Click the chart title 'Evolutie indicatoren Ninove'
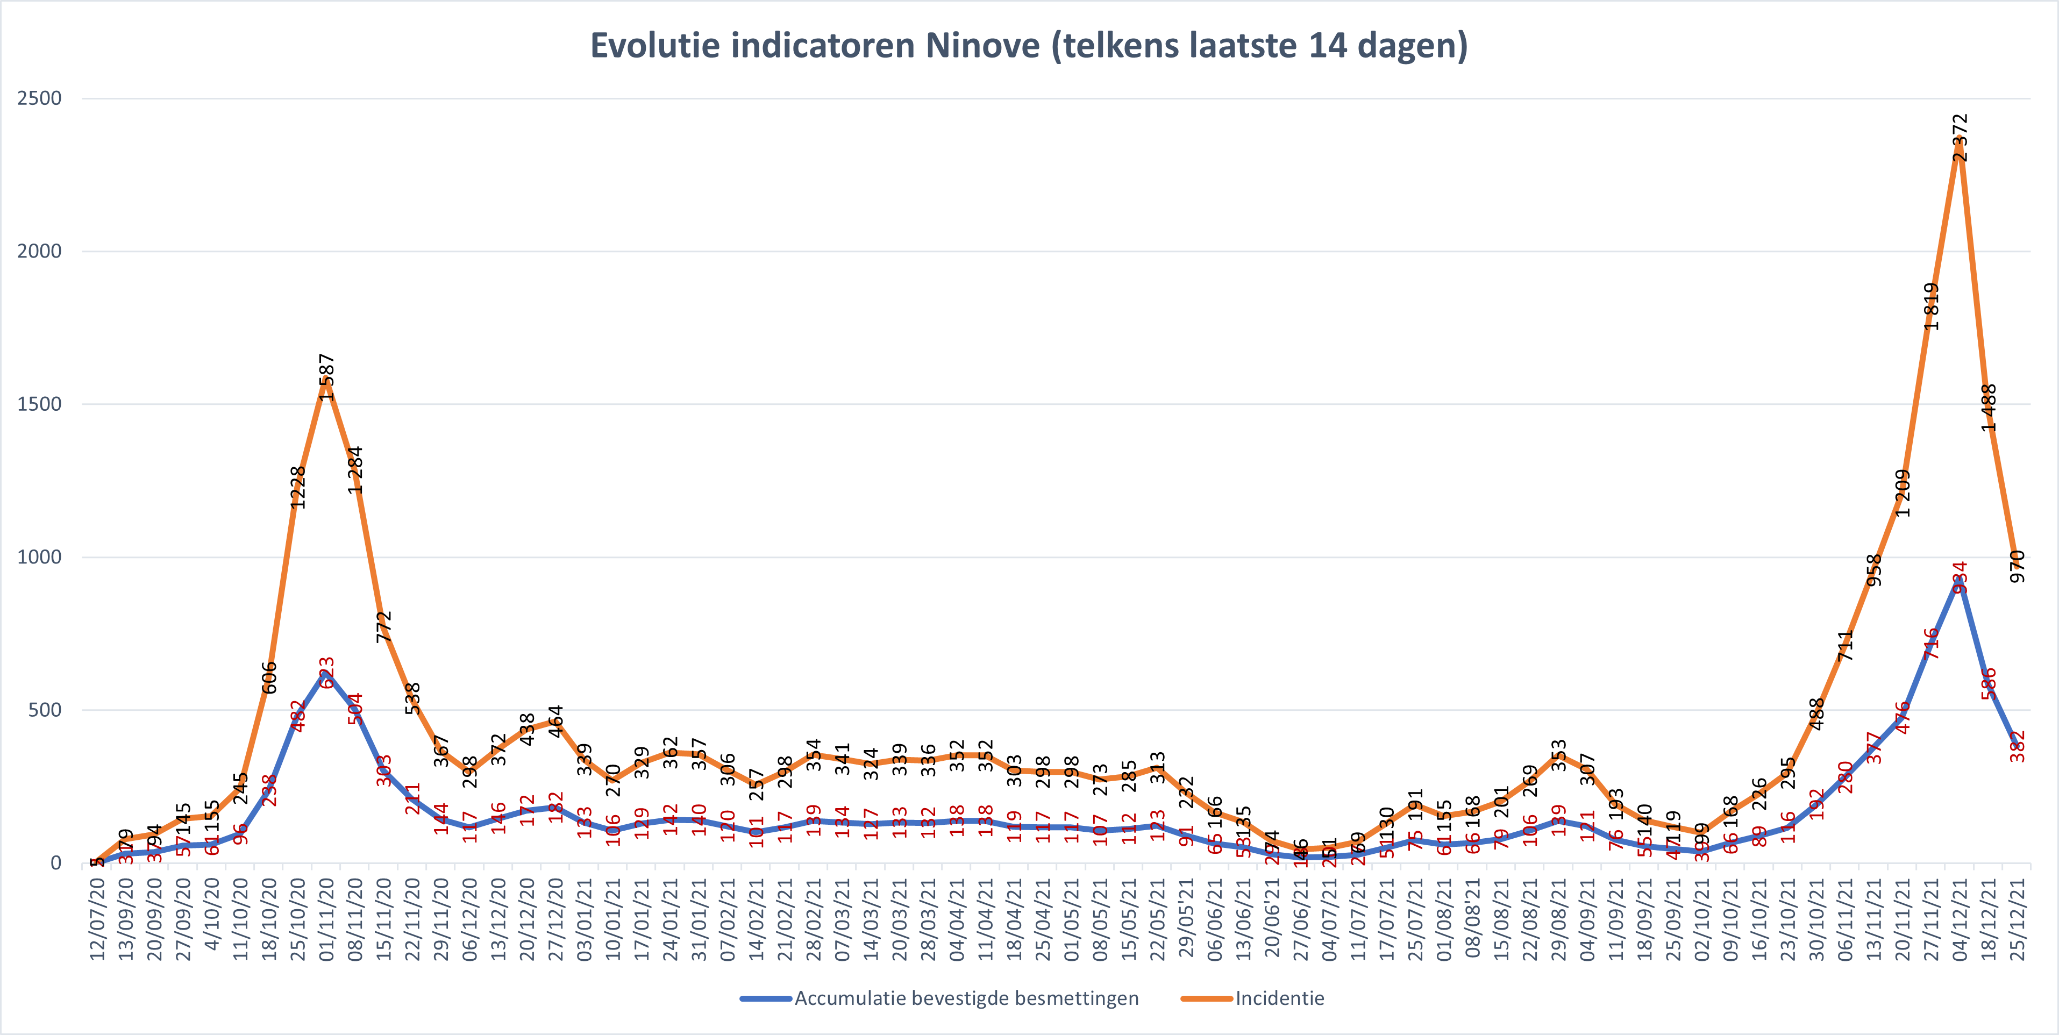[1029, 46]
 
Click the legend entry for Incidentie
[1279, 998]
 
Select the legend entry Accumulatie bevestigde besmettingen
[966, 998]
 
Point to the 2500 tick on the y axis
[39, 98]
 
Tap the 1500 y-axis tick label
[39, 404]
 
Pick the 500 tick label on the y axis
[44, 710]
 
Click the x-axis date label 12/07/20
[97, 919]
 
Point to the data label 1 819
[1931, 306]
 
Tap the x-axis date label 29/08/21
[1559, 919]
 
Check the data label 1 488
[1989, 408]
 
